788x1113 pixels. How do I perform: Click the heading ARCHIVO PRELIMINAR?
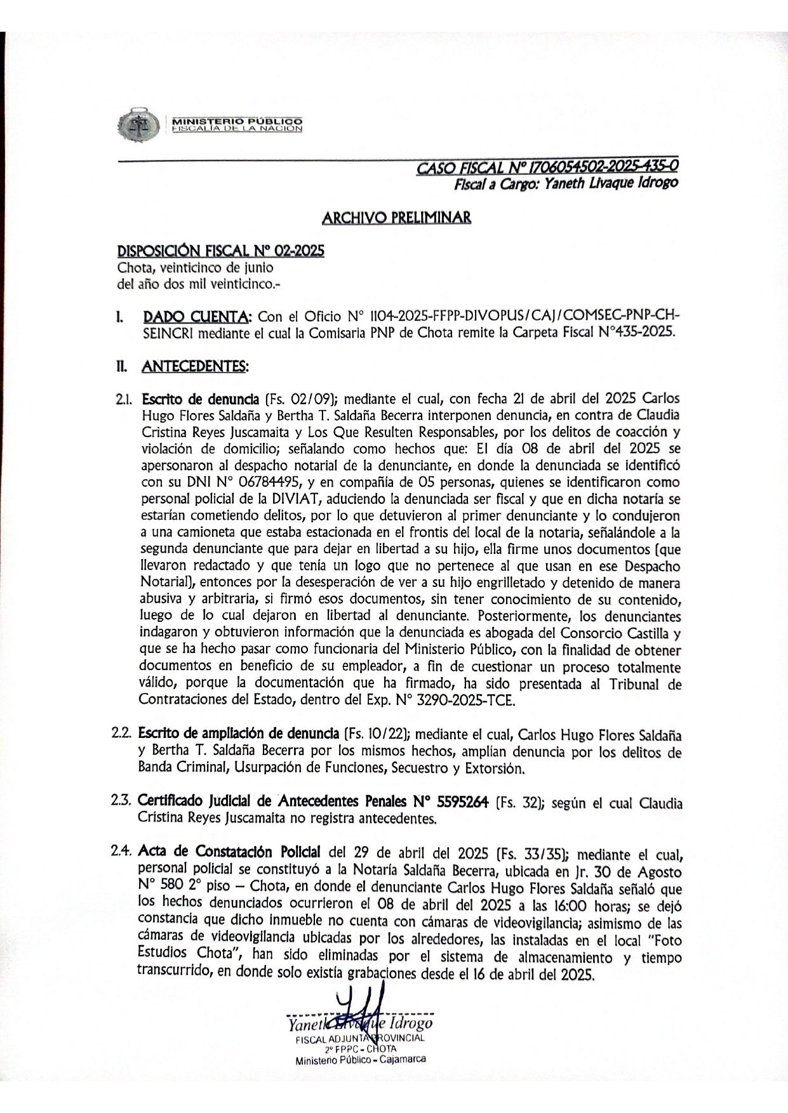tap(396, 218)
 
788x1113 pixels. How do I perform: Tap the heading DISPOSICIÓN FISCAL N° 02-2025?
tap(220, 251)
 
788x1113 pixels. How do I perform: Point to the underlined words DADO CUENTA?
tap(197, 317)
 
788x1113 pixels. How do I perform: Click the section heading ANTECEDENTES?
tap(195, 366)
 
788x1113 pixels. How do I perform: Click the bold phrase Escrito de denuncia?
tap(200, 399)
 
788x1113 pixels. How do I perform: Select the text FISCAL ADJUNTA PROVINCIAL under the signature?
tap(359, 1039)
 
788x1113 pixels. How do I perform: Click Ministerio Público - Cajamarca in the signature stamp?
tap(360, 1060)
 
